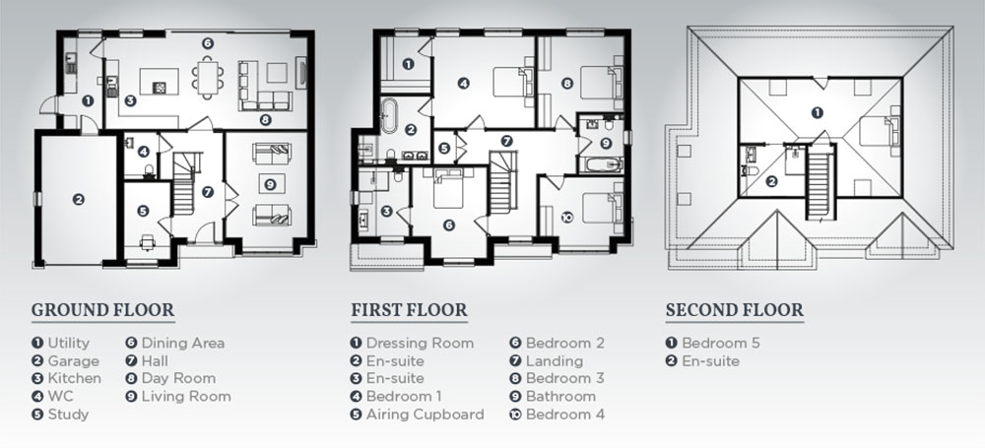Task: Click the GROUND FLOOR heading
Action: point(103,310)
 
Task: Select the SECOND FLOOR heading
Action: point(735,310)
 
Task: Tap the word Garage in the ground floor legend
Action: point(74,361)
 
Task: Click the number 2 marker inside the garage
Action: point(78,200)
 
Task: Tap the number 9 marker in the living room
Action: point(270,184)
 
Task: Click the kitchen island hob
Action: point(160,88)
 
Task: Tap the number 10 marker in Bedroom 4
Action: point(566,218)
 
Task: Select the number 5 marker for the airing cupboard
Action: point(444,149)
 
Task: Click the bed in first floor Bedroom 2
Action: point(448,187)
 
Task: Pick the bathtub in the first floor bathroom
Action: point(601,164)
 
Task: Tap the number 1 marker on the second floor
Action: point(817,112)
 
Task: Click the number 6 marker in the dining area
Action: point(207,43)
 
